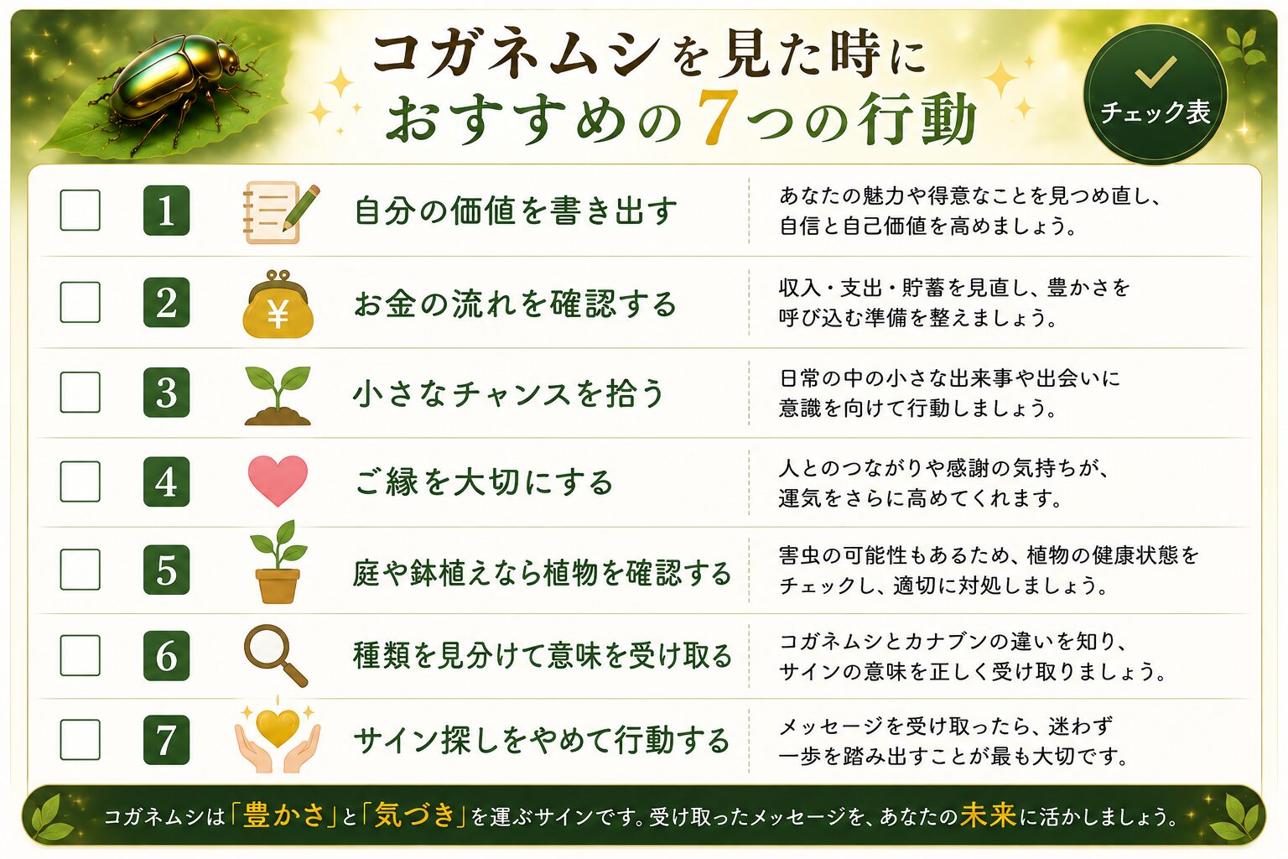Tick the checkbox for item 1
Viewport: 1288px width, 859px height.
tap(80, 210)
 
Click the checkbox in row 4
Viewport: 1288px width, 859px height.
tap(80, 482)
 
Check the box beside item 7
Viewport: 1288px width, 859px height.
tap(80, 739)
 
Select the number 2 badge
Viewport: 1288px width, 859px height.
tap(166, 302)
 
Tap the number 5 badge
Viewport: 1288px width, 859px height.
tap(166, 570)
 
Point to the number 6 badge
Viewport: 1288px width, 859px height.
tap(166, 655)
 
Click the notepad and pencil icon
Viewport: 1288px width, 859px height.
tap(280, 211)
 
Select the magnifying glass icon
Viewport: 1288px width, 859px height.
tap(275, 655)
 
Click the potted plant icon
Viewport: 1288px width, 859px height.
tap(278, 562)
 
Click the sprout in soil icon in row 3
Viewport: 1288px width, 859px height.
tap(278, 396)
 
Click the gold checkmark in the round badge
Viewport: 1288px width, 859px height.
tap(1156, 72)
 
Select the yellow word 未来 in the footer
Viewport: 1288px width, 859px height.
tap(988, 815)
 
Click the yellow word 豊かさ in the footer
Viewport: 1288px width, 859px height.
tap(284, 815)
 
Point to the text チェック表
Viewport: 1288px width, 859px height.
tap(1156, 112)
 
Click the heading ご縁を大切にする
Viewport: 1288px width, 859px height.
tap(485, 482)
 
